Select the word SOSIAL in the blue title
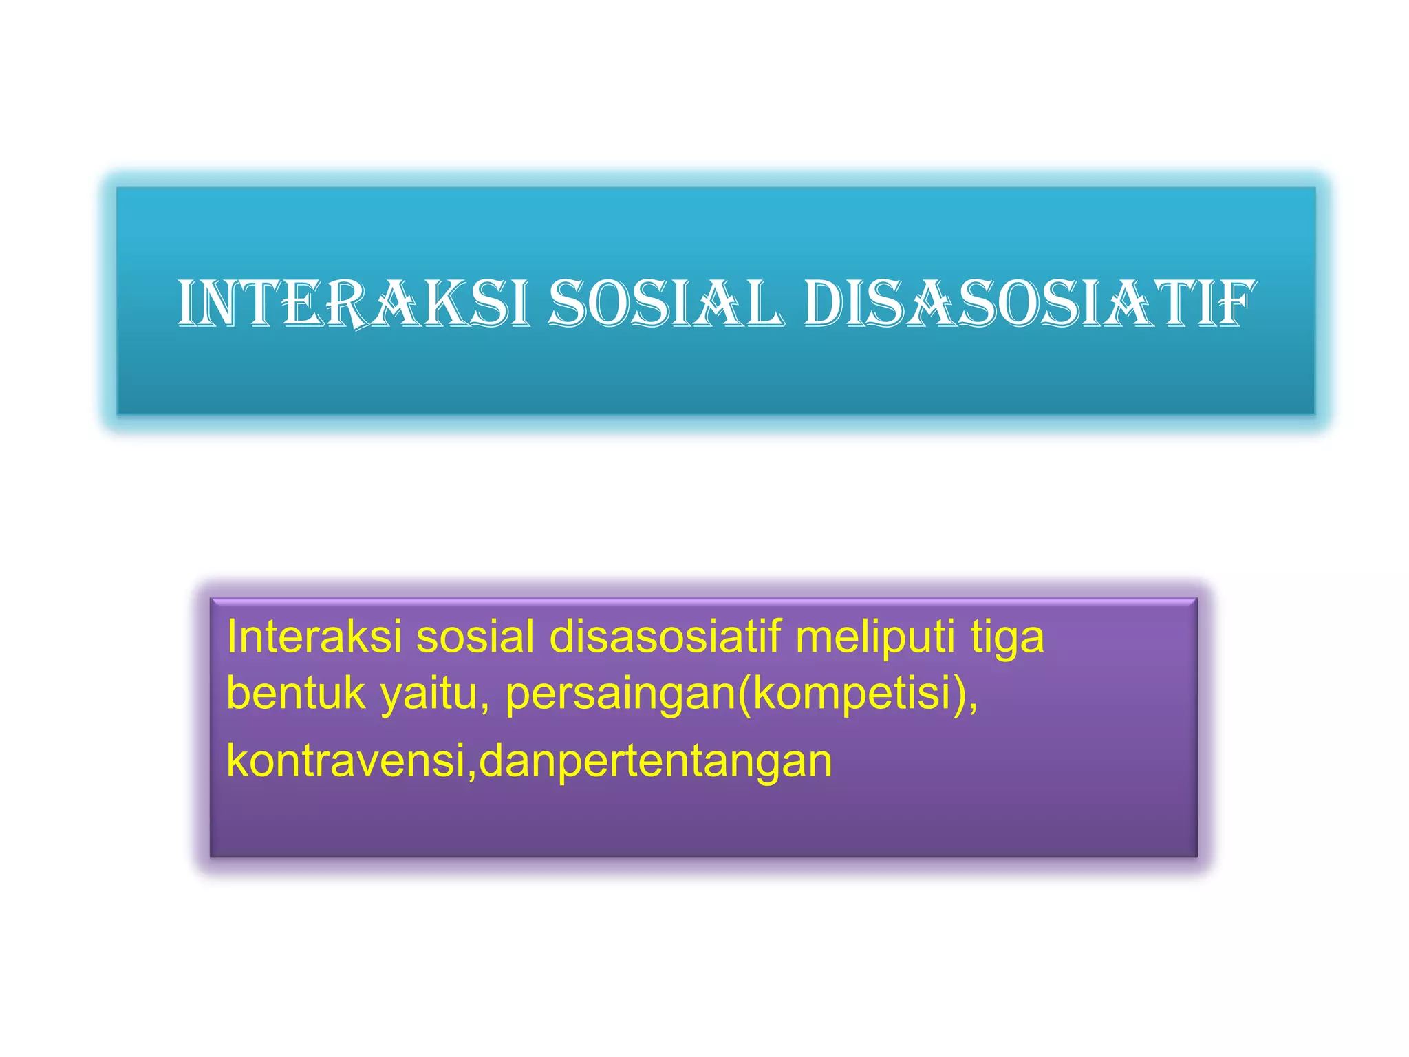point(665,303)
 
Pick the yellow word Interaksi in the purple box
point(314,637)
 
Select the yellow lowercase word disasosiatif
point(665,637)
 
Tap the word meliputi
point(875,638)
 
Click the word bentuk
point(296,693)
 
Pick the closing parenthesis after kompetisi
point(962,694)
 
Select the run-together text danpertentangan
point(656,762)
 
